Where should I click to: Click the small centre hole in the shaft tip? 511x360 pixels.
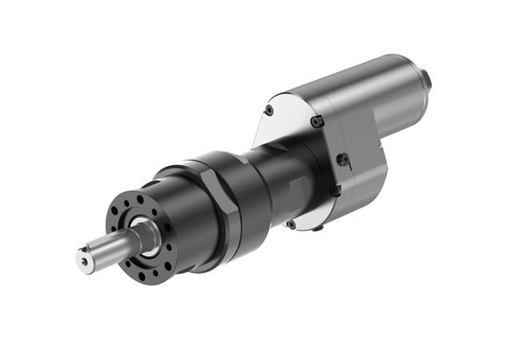coord(86,257)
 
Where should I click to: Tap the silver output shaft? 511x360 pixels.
coord(112,246)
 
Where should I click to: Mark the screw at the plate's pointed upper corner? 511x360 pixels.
coord(269,110)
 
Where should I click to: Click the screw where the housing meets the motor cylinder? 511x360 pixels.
coord(317,121)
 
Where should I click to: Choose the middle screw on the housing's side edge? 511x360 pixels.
coord(343,160)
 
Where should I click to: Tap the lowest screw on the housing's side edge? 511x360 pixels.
coord(335,191)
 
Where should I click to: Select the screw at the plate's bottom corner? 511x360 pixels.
coord(291,224)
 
